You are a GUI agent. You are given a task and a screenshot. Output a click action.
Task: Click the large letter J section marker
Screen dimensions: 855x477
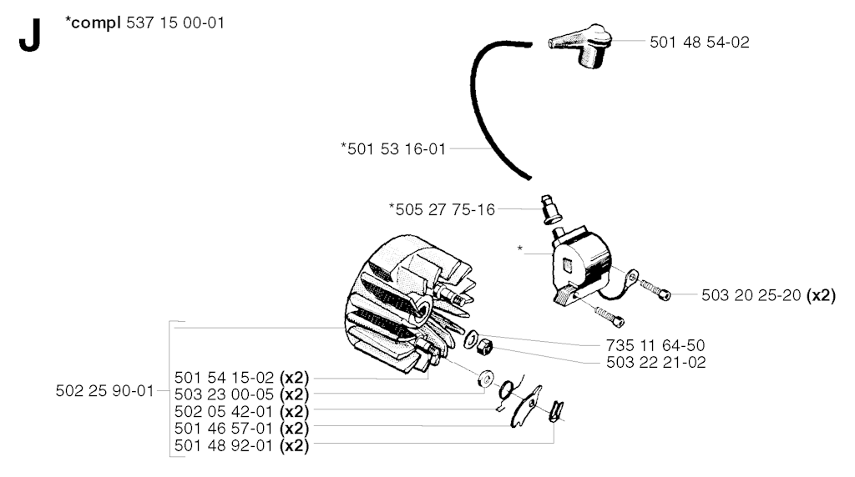pyautogui.click(x=30, y=35)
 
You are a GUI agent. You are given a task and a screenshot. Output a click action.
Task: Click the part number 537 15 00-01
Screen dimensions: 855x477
pyautogui.click(x=175, y=23)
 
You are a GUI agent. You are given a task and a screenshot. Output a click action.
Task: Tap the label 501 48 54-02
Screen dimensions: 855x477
pyautogui.click(x=700, y=43)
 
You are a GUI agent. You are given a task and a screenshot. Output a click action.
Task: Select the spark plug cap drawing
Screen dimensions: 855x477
pyautogui.click(x=580, y=46)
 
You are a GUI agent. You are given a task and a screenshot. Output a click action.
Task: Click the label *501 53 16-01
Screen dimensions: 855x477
pyautogui.click(x=393, y=148)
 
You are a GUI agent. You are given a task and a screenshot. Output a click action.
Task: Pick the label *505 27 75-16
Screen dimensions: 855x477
pyautogui.click(x=442, y=209)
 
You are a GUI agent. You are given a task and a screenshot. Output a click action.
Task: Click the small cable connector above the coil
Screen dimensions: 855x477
pyautogui.click(x=551, y=209)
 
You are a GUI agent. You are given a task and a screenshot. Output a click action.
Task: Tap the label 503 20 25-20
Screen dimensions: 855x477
pyautogui.click(x=751, y=295)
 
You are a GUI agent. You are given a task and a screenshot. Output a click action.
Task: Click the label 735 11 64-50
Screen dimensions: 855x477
pyautogui.click(x=655, y=345)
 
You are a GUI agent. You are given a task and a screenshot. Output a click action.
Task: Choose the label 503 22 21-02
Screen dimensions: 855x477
pyautogui.click(x=656, y=362)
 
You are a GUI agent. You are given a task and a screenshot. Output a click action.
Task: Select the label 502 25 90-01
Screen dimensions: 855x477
pyautogui.click(x=104, y=391)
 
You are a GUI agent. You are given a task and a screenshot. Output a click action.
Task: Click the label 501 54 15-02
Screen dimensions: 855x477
pyautogui.click(x=224, y=378)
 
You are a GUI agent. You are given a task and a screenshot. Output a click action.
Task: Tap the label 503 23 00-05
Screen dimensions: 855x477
pyautogui.click(x=224, y=394)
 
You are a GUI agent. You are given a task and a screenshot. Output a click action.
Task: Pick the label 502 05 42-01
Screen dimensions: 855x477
pyautogui.click(x=224, y=411)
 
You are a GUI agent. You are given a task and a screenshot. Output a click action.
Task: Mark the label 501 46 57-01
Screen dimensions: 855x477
pyautogui.click(x=224, y=429)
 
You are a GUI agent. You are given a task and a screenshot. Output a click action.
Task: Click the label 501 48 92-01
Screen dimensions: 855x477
pyautogui.click(x=224, y=445)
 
